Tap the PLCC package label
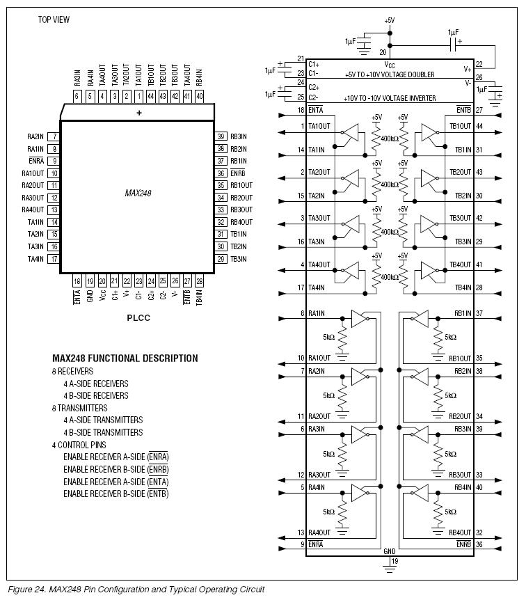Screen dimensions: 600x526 coord(138,317)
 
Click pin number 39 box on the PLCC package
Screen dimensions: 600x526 coord(221,136)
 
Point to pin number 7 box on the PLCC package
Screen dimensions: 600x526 coord(54,136)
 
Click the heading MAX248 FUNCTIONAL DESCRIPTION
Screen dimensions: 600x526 coord(125,358)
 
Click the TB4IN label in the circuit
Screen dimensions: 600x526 coord(463,287)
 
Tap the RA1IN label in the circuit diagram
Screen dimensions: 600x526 coord(318,314)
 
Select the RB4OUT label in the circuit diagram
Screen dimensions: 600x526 coord(461,532)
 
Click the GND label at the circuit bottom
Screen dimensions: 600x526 coord(390,551)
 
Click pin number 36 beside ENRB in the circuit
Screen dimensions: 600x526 coord(479,544)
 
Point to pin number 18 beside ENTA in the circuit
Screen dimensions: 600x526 coord(300,110)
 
